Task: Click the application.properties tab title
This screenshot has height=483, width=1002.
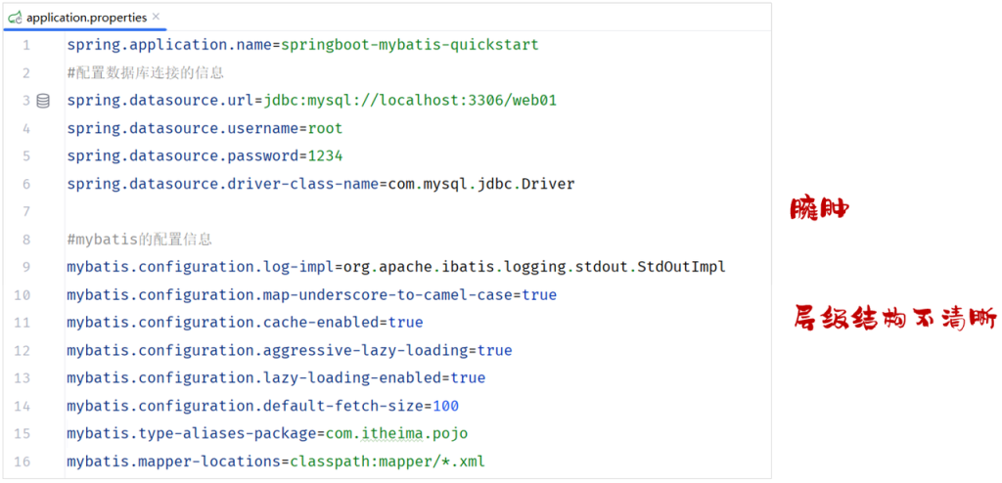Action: tap(86, 18)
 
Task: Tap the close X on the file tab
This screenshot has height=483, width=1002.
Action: tap(157, 17)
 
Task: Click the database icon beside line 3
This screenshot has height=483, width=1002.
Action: tap(43, 101)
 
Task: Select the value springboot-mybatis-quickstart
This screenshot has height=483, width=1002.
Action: tap(410, 45)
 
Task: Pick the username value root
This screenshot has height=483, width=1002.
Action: tap(325, 128)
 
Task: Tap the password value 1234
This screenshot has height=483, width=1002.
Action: tap(325, 156)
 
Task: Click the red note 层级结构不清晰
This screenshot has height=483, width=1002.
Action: tap(894, 317)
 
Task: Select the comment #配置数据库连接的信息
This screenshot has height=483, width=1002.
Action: tap(145, 72)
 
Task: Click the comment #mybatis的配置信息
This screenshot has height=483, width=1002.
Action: tap(139, 240)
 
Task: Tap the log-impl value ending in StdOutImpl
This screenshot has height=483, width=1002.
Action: tap(535, 267)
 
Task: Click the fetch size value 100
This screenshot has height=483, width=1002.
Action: tap(446, 406)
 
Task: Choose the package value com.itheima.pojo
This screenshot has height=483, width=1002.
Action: tap(397, 434)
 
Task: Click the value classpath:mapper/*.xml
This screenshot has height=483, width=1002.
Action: tap(387, 461)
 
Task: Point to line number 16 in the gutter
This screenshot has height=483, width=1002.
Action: tap(22, 461)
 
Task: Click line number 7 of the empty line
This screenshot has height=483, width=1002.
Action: tap(25, 211)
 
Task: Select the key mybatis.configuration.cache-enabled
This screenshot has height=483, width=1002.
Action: tap(223, 323)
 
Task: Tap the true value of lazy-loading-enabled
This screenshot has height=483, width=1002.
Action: tap(469, 378)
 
